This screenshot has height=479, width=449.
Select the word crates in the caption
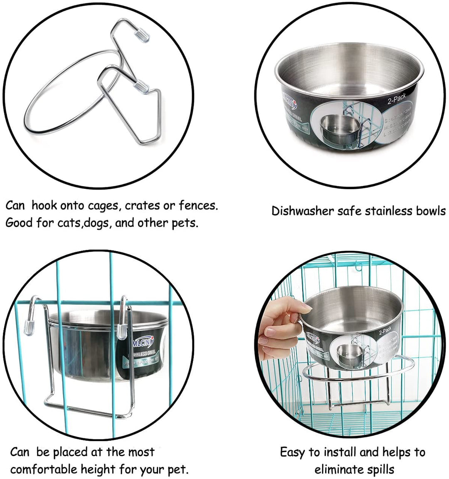(x=148, y=205)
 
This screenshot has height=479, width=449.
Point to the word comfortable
(x=54, y=470)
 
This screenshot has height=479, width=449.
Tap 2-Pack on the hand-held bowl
(x=385, y=331)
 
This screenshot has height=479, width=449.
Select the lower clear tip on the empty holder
(x=142, y=86)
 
